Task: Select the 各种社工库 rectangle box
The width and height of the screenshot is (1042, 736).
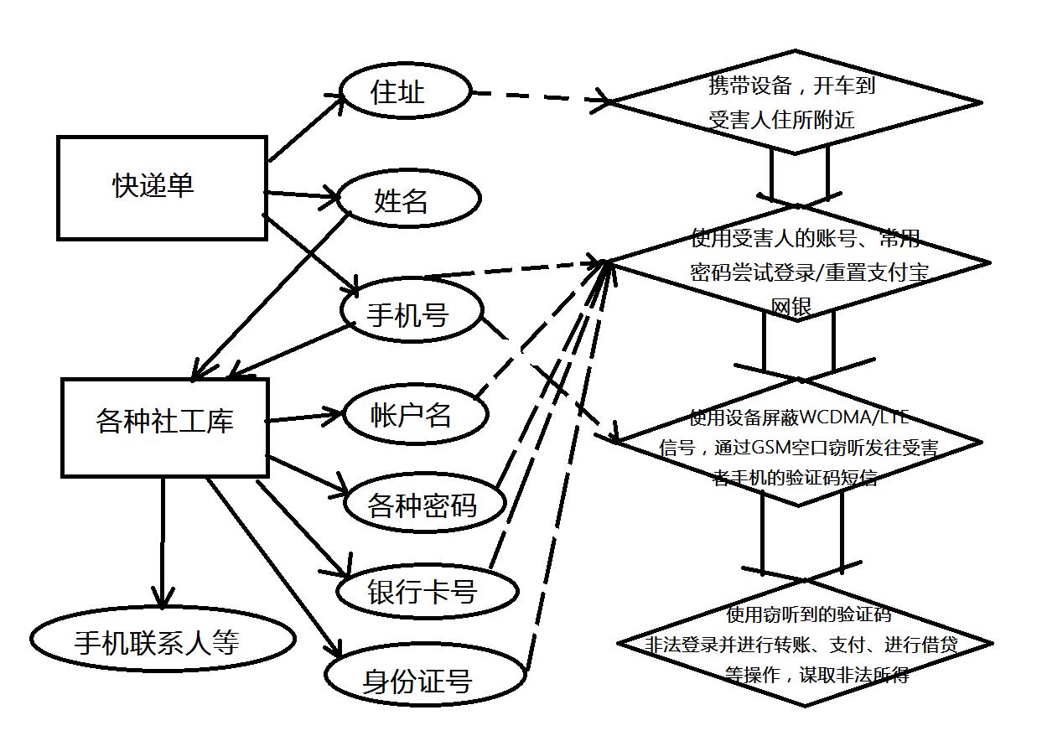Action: coord(165,427)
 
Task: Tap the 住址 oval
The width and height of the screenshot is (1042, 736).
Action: coord(405,91)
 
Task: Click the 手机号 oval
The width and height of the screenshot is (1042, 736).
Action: coord(412,313)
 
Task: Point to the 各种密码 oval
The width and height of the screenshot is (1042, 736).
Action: coord(425,505)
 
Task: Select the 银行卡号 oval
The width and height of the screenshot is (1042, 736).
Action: coord(426,592)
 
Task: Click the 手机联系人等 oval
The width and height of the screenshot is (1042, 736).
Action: coord(163,641)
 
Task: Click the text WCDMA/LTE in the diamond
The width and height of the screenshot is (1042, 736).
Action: coord(854,417)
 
